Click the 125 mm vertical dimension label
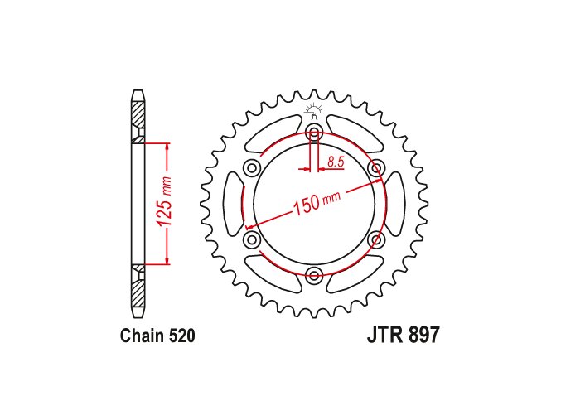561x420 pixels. (166, 202)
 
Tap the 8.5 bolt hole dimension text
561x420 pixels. (336, 162)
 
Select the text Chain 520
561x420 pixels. (157, 336)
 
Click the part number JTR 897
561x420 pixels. (403, 336)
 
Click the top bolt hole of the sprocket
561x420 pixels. (314, 131)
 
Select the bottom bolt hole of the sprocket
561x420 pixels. (314, 275)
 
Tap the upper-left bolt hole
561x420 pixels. (252, 167)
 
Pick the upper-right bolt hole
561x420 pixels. (376, 167)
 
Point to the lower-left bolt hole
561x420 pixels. (252, 239)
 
